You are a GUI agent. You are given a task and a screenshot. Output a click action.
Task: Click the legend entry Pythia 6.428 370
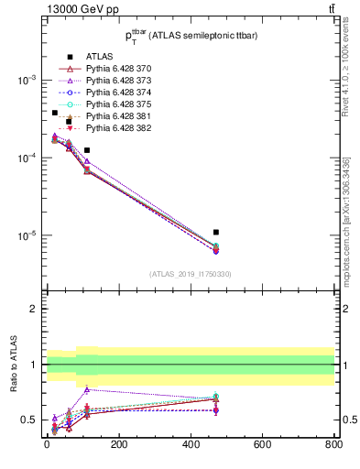[112, 69]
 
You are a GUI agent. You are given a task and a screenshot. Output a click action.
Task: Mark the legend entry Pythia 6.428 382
[112, 128]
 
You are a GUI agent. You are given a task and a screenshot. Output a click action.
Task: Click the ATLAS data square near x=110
[87, 150]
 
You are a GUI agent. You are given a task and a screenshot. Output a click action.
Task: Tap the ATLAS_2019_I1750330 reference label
[191, 274]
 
